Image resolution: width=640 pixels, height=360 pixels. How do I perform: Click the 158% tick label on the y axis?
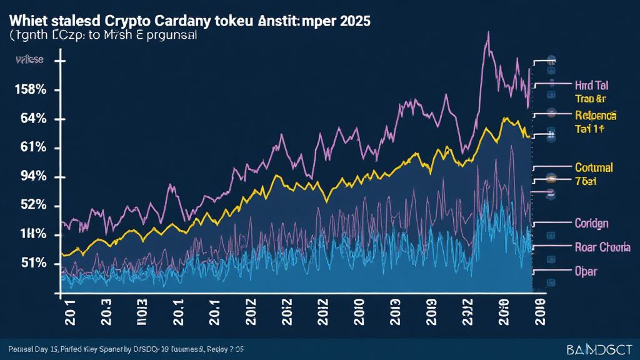30,89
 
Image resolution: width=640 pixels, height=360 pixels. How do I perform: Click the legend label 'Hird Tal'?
591,85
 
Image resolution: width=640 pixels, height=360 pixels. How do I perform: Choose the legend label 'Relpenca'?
594,116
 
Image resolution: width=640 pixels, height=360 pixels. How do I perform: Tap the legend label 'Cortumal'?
593,167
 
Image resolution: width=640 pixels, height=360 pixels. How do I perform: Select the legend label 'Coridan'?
591,223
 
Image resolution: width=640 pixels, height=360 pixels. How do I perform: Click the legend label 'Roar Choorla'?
602,247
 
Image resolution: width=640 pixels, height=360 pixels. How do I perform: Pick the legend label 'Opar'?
586,271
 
